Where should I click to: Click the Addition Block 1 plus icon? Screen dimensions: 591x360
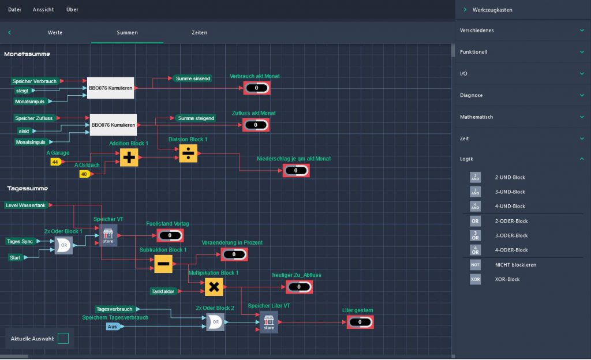[129, 157]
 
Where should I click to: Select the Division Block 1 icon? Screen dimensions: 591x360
[188, 153]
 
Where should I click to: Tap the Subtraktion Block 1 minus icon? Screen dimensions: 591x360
[163, 264]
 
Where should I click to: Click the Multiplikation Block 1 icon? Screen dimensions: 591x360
[214, 286]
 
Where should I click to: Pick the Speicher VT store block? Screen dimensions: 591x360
[108, 235]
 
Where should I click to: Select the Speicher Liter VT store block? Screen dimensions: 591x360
[268, 321]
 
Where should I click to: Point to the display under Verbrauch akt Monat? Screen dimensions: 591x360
[256, 88]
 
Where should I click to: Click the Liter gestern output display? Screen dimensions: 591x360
[360, 322]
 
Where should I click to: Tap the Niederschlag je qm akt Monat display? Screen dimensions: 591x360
[296, 171]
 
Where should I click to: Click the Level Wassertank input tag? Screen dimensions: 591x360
[27, 205]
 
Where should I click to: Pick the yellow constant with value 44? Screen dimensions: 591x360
[55, 162]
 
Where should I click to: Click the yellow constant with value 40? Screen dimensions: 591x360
[84, 174]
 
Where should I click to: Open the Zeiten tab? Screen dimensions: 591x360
[199, 32]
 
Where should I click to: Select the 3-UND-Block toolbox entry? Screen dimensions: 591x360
[510, 192]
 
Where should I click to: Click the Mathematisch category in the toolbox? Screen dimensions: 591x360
[476, 117]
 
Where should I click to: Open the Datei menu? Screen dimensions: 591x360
[14, 10]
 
